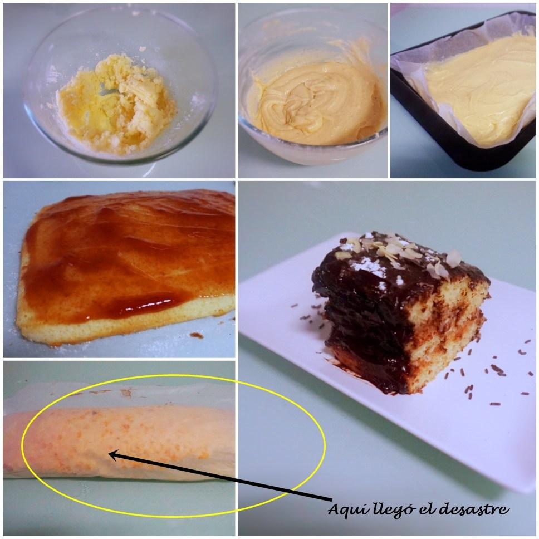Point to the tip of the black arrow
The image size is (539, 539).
coord(110,454)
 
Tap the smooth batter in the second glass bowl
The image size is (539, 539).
coord(312,103)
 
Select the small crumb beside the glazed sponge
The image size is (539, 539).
coord(196,335)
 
